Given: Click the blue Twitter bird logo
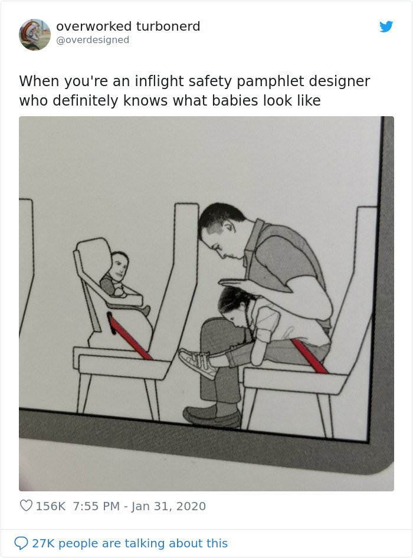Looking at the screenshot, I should pos(386,27).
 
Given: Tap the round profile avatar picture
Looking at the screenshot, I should pos(35,34).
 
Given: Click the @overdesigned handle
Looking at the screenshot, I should pos(93,40).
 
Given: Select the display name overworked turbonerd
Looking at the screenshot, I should pos(128,27).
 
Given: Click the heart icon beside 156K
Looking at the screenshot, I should pos(26,506).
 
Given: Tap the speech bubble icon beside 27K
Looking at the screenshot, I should pos(21,543).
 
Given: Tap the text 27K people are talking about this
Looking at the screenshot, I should pos(130,543).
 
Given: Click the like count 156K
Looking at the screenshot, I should pos(51,506).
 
